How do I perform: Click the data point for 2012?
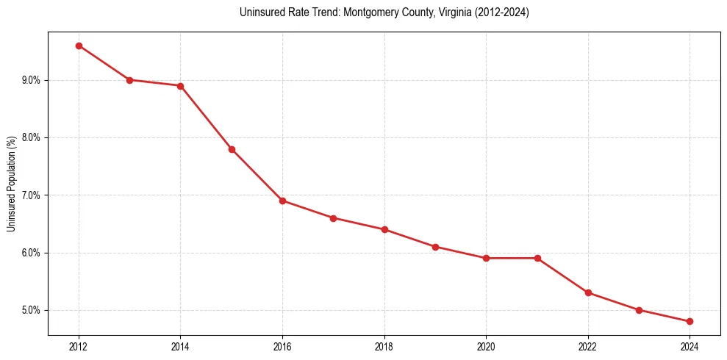tap(79, 46)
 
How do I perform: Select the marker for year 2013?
tap(129, 80)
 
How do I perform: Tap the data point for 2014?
tap(180, 86)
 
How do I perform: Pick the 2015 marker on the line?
tap(232, 149)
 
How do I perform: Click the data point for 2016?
tap(282, 201)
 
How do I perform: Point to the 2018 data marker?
tap(384, 229)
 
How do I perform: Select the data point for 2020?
tap(486, 258)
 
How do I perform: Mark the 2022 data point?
tap(588, 292)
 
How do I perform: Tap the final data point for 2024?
tap(690, 321)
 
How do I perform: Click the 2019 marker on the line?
tap(435, 247)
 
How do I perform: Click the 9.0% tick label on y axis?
tap(32, 80)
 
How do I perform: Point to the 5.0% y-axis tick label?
tap(32, 310)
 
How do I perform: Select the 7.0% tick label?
tap(32, 195)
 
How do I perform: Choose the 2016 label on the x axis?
tap(282, 346)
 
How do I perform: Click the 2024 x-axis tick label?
tap(690, 346)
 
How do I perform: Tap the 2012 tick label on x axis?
tap(79, 346)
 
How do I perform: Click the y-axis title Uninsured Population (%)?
tap(12, 184)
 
